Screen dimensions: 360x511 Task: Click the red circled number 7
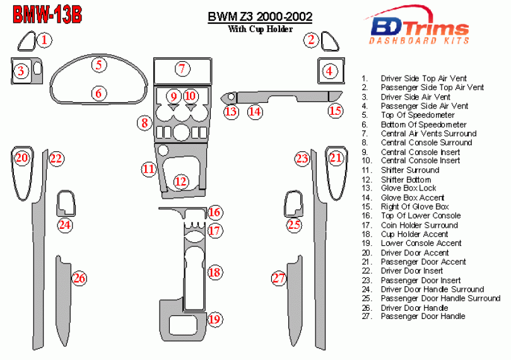pyautogui.click(x=181, y=69)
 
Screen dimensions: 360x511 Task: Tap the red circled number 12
pyautogui.click(x=181, y=182)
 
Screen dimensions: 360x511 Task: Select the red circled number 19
pyautogui.click(x=214, y=320)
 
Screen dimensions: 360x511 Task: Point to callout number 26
pyautogui.click(x=79, y=277)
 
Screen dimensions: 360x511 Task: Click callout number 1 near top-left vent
pyautogui.click(x=43, y=40)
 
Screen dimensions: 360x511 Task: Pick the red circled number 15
pyautogui.click(x=335, y=111)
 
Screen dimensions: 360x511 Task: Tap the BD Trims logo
pyautogui.click(x=419, y=30)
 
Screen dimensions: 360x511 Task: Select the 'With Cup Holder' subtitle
pyautogui.click(x=260, y=29)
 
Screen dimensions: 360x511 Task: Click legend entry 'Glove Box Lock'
pyautogui.click(x=408, y=189)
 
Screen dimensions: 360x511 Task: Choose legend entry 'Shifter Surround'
pyautogui.click(x=409, y=170)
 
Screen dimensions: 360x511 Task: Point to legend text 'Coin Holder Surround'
pyautogui.click(x=419, y=225)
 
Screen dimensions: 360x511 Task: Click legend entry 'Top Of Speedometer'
pyautogui.click(x=417, y=115)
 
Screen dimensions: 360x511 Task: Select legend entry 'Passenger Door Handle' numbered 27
pyautogui.click(x=423, y=316)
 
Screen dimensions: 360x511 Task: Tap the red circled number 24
pyautogui.click(x=65, y=224)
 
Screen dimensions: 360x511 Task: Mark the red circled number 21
pyautogui.click(x=336, y=158)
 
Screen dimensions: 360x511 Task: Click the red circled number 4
pyautogui.click(x=329, y=71)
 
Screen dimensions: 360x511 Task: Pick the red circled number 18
pyautogui.click(x=214, y=272)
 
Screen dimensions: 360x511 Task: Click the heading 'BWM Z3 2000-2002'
pyautogui.click(x=260, y=16)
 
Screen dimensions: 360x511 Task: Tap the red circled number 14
pyautogui.click(x=254, y=112)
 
